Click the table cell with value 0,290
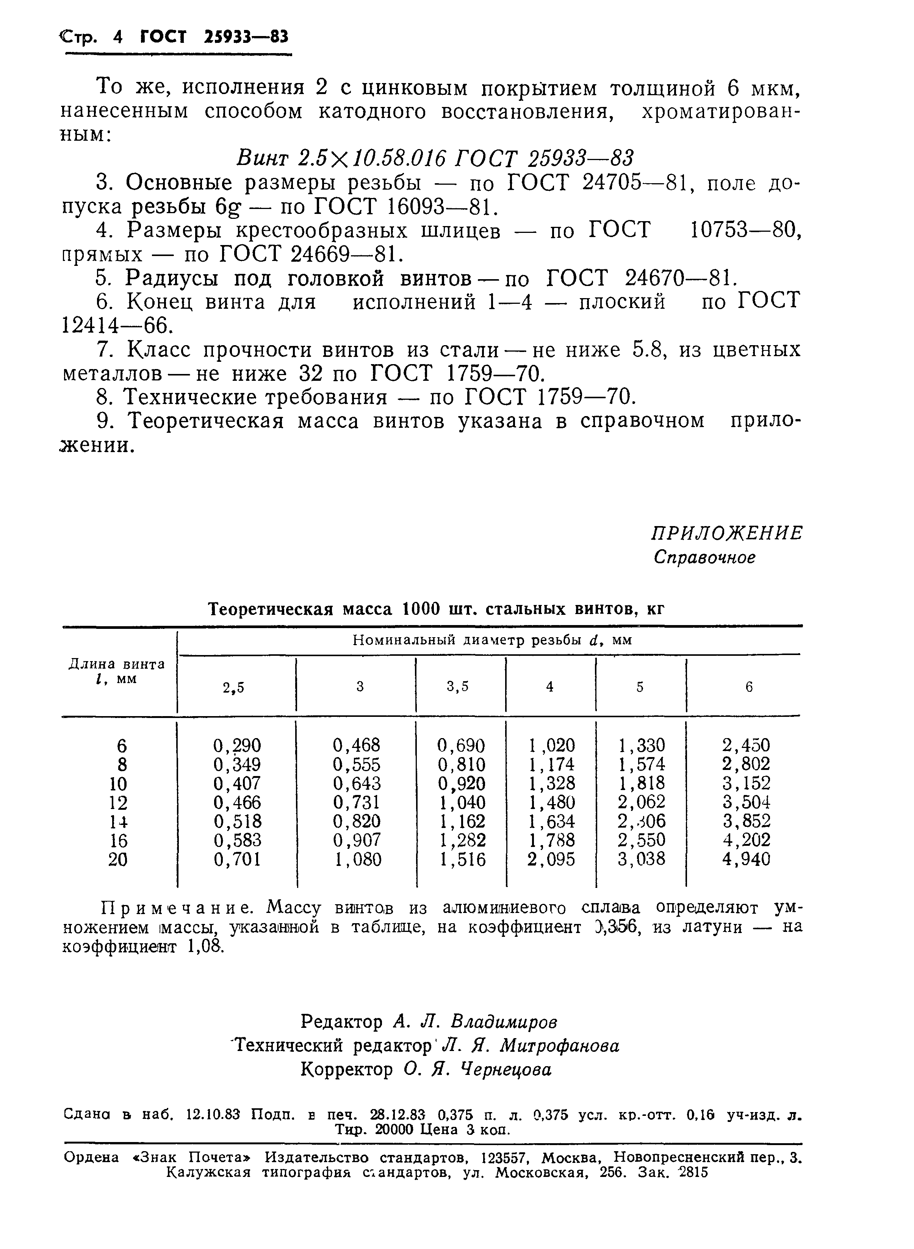coord(237,745)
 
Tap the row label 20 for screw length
coord(118,860)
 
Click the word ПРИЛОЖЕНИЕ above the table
coord(726,533)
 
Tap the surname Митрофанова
coord(559,1045)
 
